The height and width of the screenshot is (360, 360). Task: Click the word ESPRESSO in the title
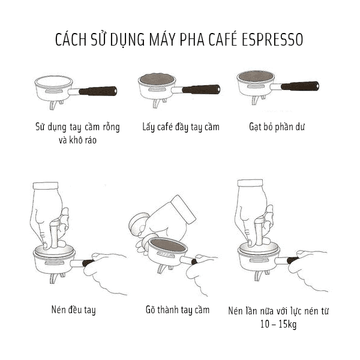(x=273, y=40)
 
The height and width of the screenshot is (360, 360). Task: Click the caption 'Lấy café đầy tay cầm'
(x=181, y=127)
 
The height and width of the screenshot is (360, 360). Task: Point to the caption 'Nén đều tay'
(x=73, y=310)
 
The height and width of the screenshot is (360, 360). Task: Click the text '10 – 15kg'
(x=278, y=325)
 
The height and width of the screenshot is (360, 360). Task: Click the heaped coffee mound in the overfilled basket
(x=156, y=78)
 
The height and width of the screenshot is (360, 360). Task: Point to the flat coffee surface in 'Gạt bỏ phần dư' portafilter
(x=255, y=76)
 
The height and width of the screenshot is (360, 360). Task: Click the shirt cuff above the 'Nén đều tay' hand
(x=46, y=186)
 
